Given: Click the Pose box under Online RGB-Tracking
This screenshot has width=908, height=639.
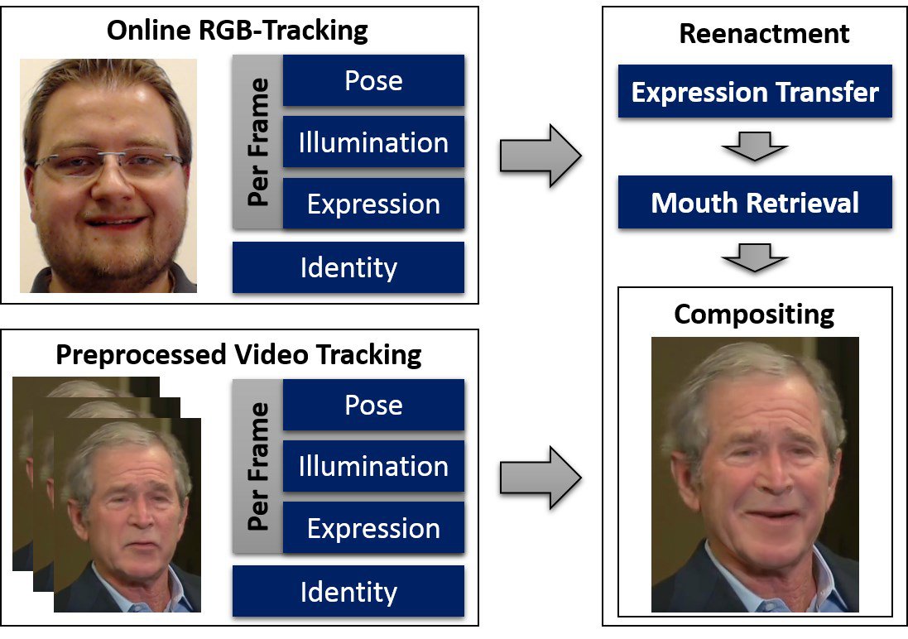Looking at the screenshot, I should (x=373, y=80).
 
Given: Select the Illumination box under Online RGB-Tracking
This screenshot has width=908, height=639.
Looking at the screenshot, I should (x=373, y=142).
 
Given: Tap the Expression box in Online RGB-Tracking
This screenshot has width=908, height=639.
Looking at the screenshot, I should (x=373, y=204).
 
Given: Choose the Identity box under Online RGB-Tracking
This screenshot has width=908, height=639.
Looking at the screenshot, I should (x=348, y=267).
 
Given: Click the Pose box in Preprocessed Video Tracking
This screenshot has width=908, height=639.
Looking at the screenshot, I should (x=373, y=405).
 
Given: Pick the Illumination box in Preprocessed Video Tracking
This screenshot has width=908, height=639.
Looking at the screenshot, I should (x=373, y=466).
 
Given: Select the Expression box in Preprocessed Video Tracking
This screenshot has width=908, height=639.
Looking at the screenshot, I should (x=373, y=528).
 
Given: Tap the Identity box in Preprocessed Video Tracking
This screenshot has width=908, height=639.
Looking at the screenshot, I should (x=348, y=591).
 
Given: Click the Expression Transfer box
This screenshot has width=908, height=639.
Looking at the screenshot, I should (x=755, y=91).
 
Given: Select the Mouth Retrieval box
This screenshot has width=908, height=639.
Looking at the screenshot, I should (x=755, y=202).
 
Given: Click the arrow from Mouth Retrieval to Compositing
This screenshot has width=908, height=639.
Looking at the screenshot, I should (x=755, y=258).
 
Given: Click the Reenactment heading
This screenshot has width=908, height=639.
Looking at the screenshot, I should (x=764, y=33).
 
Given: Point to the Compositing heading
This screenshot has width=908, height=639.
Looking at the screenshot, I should (x=754, y=314).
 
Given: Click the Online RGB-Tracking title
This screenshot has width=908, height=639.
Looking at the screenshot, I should (x=238, y=31).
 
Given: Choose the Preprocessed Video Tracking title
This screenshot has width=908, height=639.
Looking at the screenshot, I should (x=238, y=354).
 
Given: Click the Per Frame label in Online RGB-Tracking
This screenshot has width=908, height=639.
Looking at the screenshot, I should (x=258, y=142).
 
